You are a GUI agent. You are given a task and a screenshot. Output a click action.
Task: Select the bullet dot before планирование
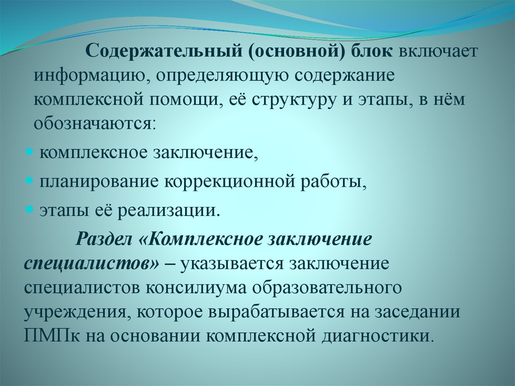click(x=30, y=180)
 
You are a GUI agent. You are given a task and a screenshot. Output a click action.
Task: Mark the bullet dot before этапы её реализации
click(x=30, y=208)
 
